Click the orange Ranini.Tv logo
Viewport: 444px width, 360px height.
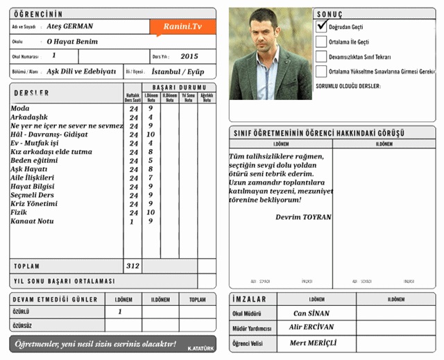pyautogui.click(x=182, y=26)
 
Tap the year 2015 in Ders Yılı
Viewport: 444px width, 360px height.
pyautogui.click(x=189, y=56)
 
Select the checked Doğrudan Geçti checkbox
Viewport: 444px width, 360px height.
pyautogui.click(x=321, y=26)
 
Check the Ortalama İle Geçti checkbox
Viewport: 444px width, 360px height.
pyautogui.click(x=321, y=41)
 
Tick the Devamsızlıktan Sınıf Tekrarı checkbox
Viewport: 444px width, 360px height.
pyautogui.click(x=321, y=56)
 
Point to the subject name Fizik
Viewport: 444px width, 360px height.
pyautogui.click(x=19, y=212)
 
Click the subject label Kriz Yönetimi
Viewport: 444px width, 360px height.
pyautogui.click(x=33, y=204)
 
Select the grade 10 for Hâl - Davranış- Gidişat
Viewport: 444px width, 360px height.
pyautogui.click(x=151, y=135)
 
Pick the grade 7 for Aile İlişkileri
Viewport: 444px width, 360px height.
pyautogui.click(x=151, y=178)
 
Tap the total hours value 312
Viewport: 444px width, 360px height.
pyautogui.click(x=133, y=266)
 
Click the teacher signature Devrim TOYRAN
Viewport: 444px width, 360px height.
pyautogui.click(x=303, y=217)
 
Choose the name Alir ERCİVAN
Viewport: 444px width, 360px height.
pyautogui.click(x=311, y=327)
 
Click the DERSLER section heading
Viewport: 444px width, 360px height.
pyautogui.click(x=31, y=93)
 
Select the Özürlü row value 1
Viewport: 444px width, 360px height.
pyautogui.click(x=119, y=312)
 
